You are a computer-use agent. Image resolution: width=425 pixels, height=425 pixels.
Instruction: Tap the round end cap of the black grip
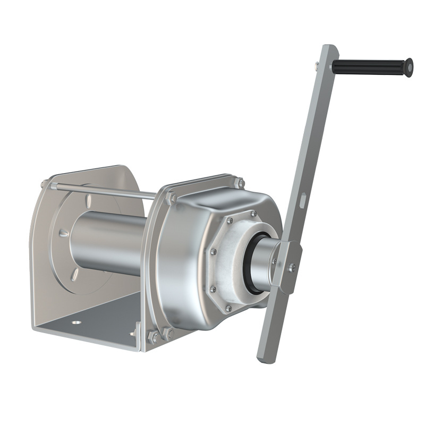409,67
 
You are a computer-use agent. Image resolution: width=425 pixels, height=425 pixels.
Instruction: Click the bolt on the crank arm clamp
291,267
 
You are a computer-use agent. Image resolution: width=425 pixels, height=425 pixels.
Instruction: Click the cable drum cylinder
106,242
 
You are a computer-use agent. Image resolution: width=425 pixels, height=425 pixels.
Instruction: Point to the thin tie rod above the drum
106,190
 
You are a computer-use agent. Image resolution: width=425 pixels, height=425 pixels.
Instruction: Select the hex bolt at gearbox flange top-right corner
240,183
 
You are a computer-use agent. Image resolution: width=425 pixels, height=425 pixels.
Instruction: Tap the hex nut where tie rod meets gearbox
171,199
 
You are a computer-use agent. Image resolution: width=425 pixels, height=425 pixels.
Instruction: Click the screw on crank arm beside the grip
317,65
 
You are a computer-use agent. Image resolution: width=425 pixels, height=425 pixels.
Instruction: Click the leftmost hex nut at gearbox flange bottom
153,337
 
